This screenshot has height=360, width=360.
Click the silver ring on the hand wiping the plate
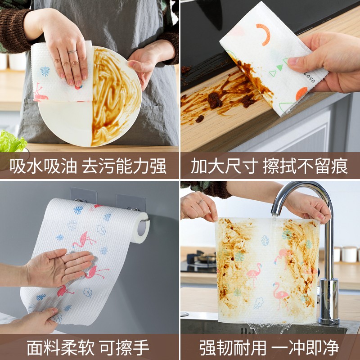(x=72, y=52)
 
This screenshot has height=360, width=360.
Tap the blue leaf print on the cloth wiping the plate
(x=45, y=71)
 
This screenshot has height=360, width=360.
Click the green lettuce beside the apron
(x=12, y=141)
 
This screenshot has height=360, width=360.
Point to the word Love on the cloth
(x=310, y=77)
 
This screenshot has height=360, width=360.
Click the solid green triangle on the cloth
(x=279, y=67)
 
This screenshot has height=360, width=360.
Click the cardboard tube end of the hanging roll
(x=142, y=228)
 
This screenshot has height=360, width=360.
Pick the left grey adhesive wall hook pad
(x=84, y=195)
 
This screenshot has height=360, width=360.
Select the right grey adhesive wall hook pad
(x=130, y=202)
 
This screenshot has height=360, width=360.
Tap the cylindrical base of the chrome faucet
(x=328, y=301)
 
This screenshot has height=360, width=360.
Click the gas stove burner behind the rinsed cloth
(x=202, y=259)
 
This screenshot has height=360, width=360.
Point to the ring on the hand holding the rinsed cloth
(x=200, y=202)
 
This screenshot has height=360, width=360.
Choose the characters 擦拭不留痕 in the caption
(x=306, y=166)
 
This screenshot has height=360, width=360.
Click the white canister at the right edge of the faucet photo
(x=349, y=254)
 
